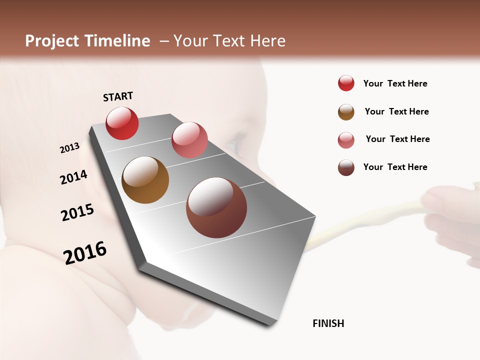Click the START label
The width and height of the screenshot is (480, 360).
pyautogui.click(x=118, y=96)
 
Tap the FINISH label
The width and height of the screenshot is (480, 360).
pyautogui.click(x=328, y=323)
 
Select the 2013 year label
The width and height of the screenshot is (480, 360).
pyautogui.click(x=69, y=148)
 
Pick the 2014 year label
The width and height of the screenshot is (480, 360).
pyautogui.click(x=73, y=177)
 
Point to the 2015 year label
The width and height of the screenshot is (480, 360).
pyautogui.click(x=77, y=212)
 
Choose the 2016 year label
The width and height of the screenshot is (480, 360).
pyautogui.click(x=85, y=253)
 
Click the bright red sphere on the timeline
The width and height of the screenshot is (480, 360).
pyautogui.click(x=122, y=123)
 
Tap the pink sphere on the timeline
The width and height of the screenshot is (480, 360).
pyautogui.click(x=189, y=140)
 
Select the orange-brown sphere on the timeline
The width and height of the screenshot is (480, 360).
pyautogui.click(x=145, y=180)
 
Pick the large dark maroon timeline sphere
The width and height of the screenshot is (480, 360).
pyautogui.click(x=216, y=207)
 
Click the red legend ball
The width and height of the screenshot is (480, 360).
pyautogui.click(x=346, y=83)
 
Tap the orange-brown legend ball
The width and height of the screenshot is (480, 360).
pyautogui.click(x=346, y=112)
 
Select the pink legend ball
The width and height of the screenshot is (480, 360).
pyautogui.click(x=346, y=140)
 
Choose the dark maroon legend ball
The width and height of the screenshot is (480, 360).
pyautogui.click(x=346, y=167)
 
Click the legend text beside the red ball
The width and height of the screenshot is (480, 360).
pyautogui.click(x=395, y=83)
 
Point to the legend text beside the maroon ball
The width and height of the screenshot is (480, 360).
pyautogui.click(x=395, y=167)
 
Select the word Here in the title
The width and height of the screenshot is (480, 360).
pyautogui.click(x=268, y=41)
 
